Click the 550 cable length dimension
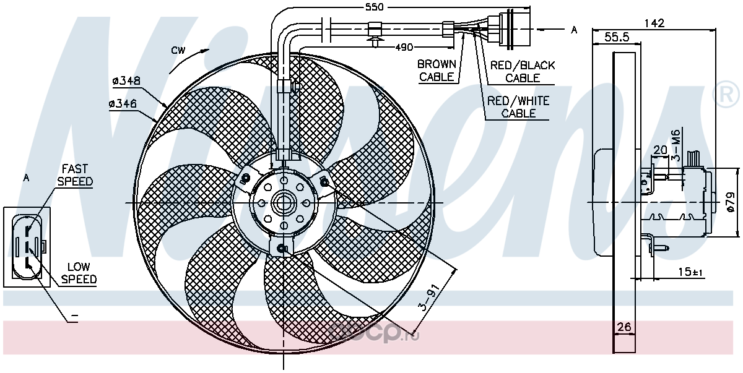point(374,7)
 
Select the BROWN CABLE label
point(437,71)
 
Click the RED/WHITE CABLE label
point(518,107)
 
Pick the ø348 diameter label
point(127,80)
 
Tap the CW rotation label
point(178,51)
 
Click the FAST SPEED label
point(74,175)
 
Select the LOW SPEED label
point(78,273)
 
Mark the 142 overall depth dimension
point(654,24)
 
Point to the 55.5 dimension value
point(617,38)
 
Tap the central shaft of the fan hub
point(284,203)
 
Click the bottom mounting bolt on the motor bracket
point(282,249)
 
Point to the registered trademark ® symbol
point(728,95)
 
